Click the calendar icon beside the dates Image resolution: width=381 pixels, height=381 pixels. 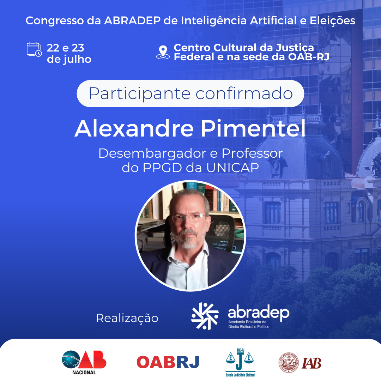[x=34, y=49]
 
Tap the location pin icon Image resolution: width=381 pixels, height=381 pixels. [x=163, y=53]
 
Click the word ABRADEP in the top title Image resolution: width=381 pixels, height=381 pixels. [x=132, y=21]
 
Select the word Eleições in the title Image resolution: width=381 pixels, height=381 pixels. [x=332, y=21]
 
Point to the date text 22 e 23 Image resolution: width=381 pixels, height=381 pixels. [x=65, y=48]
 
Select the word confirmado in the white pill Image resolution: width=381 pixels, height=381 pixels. [x=244, y=93]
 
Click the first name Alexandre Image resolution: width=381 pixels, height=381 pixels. [x=134, y=128]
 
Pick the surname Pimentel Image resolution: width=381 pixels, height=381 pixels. [x=253, y=128]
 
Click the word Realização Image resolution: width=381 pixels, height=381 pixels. [x=127, y=318]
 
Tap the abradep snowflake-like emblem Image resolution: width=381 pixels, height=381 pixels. [x=205, y=316]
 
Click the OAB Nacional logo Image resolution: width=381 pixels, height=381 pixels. [x=84, y=362]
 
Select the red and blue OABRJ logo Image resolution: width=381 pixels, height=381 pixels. [x=168, y=362]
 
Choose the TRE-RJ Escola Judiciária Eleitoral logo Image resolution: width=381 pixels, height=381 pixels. [x=240, y=362]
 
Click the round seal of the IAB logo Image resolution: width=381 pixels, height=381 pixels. [x=289, y=363]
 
